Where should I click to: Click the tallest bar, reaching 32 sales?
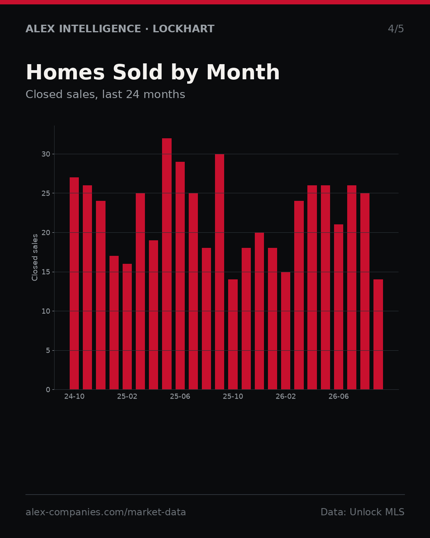click(167, 264)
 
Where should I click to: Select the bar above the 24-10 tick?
click(74, 283)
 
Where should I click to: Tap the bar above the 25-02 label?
click(127, 326)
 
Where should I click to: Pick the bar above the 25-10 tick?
click(233, 334)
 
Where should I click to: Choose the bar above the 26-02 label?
click(285, 330)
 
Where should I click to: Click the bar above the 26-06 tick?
click(338, 307)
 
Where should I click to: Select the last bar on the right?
click(378, 334)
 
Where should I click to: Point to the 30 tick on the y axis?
click(46, 154)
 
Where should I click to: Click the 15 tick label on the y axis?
click(46, 272)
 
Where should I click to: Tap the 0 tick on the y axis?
click(48, 390)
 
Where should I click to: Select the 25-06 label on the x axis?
click(180, 397)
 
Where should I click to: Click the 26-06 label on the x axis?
click(338, 397)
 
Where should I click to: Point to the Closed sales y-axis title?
click(35, 257)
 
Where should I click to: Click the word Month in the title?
click(243, 72)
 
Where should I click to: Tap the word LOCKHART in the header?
click(184, 29)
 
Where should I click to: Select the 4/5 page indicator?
click(396, 29)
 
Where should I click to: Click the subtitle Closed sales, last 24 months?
click(106, 94)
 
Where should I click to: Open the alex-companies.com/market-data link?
click(106, 512)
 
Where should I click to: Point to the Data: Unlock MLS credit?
click(363, 512)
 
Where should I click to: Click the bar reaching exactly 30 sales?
click(220, 272)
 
